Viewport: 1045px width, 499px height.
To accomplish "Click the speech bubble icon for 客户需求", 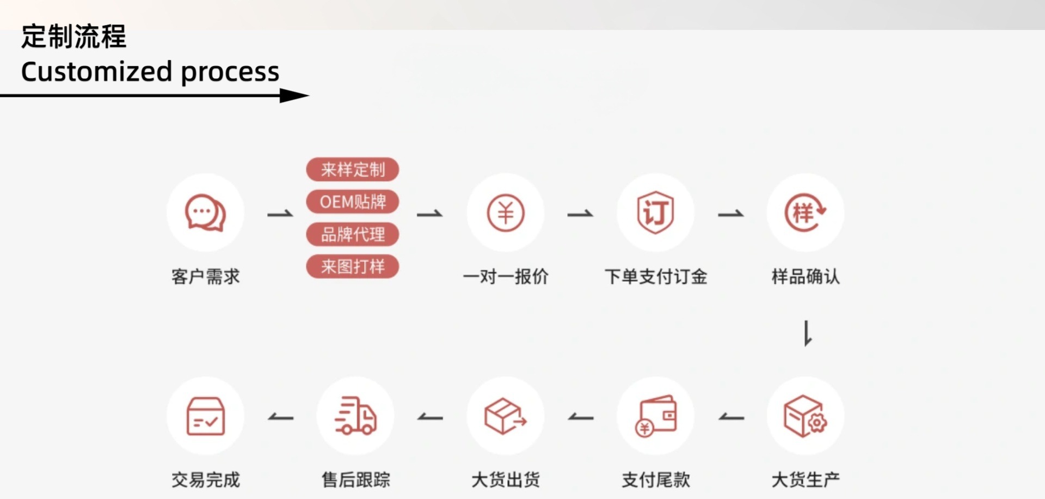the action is click(205, 212).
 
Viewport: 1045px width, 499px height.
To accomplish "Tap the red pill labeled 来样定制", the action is click(353, 169).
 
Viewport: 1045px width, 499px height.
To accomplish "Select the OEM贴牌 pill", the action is click(353, 202).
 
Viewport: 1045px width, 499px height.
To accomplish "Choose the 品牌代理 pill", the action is click(353, 234).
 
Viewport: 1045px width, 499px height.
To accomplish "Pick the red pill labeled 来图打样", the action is click(353, 266).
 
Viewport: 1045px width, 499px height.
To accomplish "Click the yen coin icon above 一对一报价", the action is click(506, 212).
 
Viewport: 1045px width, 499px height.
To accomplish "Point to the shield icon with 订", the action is click(655, 212).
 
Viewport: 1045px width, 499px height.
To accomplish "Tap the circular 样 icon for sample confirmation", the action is click(805, 212).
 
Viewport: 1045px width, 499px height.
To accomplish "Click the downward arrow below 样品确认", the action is click(808, 333).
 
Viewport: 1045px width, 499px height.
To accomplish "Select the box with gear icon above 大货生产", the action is click(805, 416).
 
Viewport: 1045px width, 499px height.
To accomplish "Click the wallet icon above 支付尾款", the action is click(655, 416).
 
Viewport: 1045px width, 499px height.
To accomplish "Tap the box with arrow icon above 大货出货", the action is click(506, 416).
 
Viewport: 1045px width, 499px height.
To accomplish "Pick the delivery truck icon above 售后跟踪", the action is click(355, 416).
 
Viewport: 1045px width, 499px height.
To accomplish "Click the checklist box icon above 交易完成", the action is click(205, 416).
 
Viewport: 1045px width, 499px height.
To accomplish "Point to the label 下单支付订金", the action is click(655, 277).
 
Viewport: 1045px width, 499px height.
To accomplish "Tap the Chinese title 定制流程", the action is click(73, 37).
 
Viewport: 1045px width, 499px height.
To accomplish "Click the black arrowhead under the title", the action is click(294, 96).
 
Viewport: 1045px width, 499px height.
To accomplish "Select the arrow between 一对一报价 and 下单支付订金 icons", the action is click(580, 214).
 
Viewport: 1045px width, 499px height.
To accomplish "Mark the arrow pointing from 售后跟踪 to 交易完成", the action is click(281, 418).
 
